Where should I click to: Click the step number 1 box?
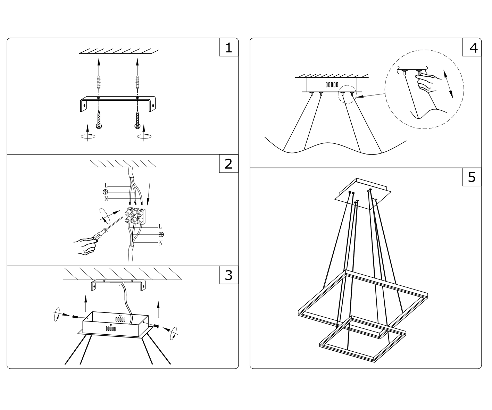[228, 48]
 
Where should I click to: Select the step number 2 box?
[228, 164]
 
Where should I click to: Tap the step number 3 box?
[228, 275]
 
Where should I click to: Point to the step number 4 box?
[472, 48]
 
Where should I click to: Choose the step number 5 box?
[472, 177]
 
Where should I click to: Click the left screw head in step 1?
[99, 125]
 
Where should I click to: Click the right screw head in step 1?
[138, 125]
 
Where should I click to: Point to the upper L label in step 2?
[106, 186]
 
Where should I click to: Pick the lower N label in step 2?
[161, 243]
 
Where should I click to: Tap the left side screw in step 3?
[74, 317]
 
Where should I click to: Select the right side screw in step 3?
[156, 326]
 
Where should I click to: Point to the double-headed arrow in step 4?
[448, 83]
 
